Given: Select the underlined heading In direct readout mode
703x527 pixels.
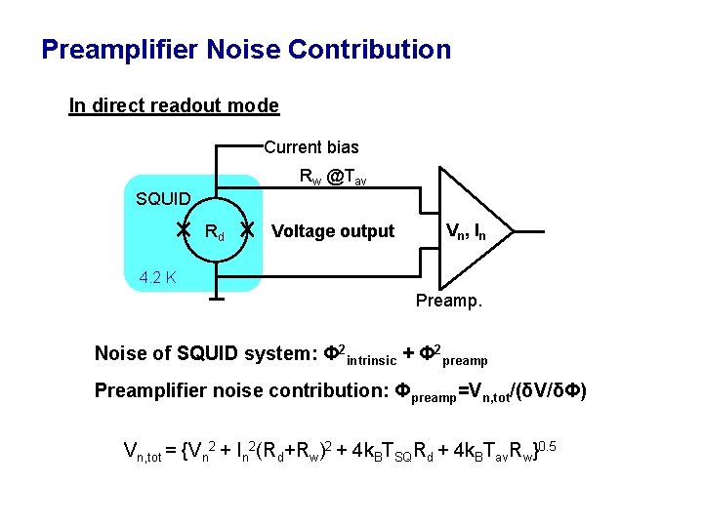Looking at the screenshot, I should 174,105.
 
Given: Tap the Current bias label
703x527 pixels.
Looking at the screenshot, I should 311,147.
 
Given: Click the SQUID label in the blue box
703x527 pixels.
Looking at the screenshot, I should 163,199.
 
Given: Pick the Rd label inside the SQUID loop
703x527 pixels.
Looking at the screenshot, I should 215,232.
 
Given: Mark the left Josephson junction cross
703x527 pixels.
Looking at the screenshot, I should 183,230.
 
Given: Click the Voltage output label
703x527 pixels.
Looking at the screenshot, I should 333,231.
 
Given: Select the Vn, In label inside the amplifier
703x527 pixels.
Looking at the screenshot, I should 466,231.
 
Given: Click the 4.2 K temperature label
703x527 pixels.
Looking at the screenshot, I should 157,277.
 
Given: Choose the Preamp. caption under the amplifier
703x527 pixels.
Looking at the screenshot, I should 448,301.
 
